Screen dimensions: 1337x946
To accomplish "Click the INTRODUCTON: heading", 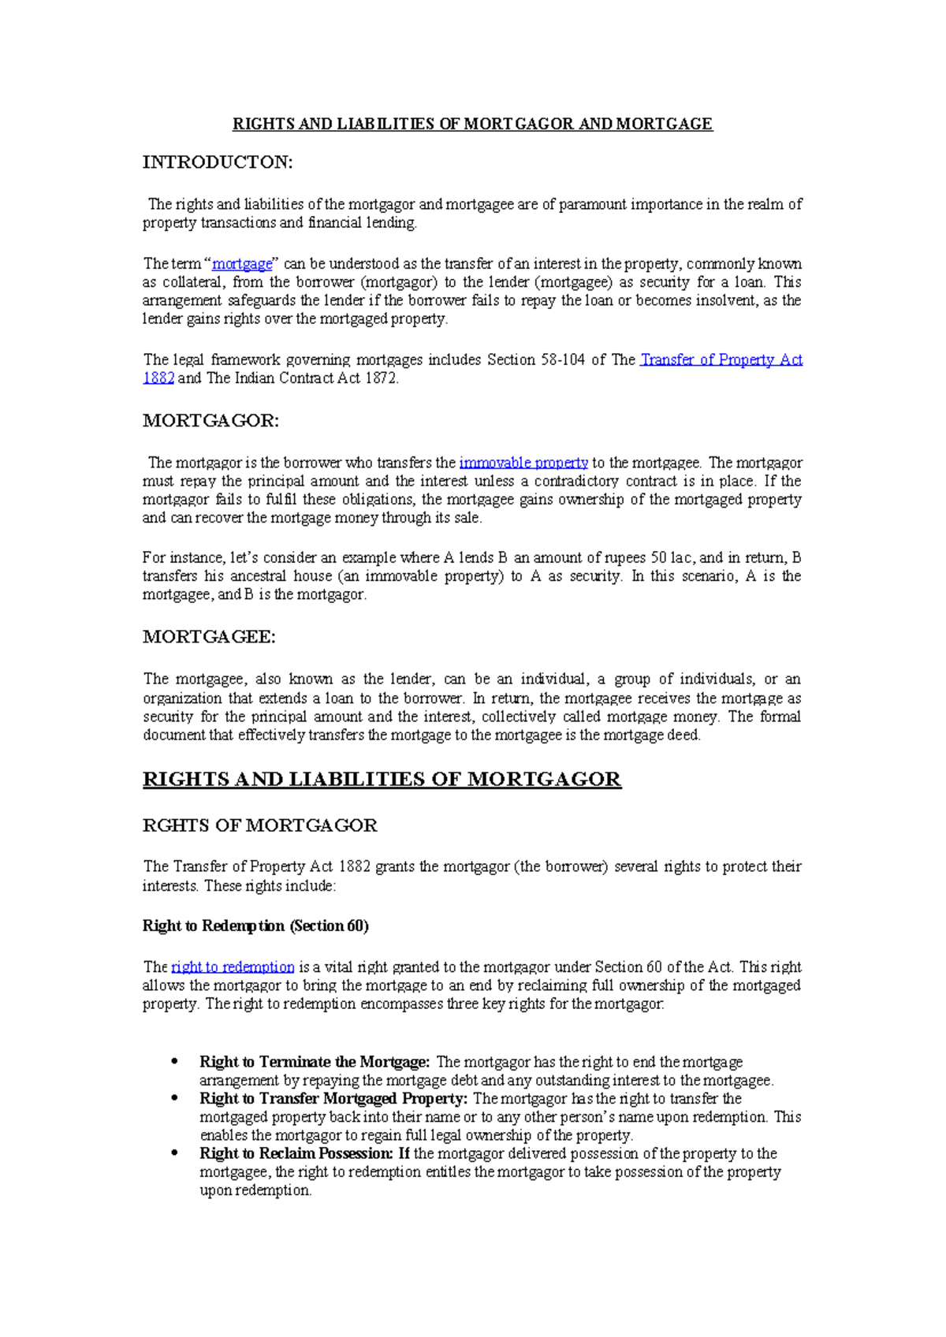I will click(217, 162).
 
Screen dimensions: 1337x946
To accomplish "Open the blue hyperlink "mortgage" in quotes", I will click(242, 264).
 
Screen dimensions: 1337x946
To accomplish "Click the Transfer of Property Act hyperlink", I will click(721, 360).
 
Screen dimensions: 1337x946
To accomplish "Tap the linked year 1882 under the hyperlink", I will click(158, 378).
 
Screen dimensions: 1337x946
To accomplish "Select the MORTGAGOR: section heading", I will click(210, 421).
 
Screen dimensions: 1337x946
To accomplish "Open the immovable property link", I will click(523, 463).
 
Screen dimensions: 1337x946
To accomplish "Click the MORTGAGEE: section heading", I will click(209, 637).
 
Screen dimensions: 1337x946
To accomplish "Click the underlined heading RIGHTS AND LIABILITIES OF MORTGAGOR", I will click(382, 780).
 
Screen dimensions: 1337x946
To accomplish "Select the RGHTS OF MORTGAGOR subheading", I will click(259, 825).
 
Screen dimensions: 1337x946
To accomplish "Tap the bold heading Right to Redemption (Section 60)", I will click(255, 926).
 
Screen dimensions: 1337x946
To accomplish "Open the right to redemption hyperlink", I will click(233, 967).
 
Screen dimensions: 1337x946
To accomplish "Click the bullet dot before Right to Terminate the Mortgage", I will click(175, 1062).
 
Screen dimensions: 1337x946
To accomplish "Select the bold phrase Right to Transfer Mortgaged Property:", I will click(333, 1099).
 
